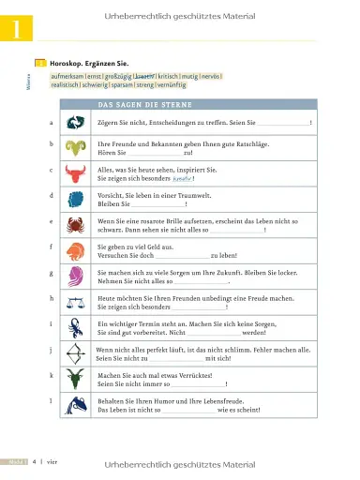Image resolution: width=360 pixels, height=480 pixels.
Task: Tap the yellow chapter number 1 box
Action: (17, 29)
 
